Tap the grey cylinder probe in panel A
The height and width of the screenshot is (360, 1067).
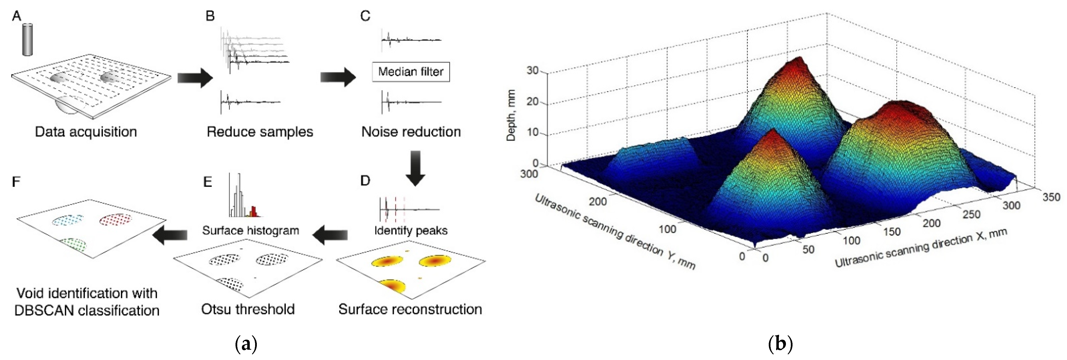27,39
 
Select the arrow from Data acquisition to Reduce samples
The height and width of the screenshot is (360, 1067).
195,77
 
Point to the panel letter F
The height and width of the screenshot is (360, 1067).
16,181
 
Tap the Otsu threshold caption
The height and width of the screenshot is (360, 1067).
248,309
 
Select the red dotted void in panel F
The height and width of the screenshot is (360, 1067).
116,219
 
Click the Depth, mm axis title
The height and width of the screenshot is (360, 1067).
511,115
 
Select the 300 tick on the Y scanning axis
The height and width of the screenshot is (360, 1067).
529,174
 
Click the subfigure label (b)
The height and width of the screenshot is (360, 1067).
780,344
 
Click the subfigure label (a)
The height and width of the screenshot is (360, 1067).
246,344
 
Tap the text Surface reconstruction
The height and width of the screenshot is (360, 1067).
410,309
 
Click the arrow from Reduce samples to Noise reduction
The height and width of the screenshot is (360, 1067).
338,77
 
